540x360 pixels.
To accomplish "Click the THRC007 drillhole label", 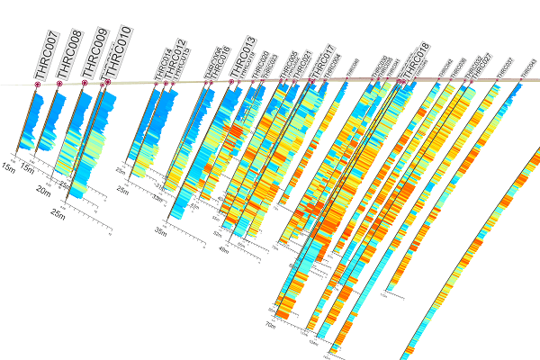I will [46, 54].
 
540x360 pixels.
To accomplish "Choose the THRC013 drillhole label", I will [242, 57].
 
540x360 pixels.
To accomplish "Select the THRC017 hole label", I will [323, 61].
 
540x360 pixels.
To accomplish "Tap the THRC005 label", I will [289, 65].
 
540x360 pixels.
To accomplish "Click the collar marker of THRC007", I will [38, 85].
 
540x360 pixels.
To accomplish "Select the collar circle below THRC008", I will [59, 84].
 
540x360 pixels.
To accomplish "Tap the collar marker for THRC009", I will [85, 83].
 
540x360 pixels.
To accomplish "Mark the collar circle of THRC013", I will [231, 82].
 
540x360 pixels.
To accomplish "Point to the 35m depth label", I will [160, 231].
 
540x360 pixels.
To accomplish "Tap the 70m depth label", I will [270, 322].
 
